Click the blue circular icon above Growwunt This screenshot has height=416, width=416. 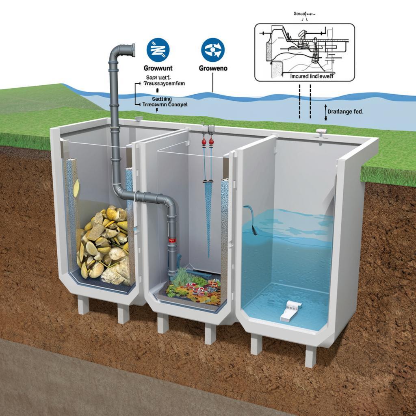[x=158, y=50]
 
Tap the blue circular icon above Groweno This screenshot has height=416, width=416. [x=212, y=50]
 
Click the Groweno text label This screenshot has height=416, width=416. [x=213, y=68]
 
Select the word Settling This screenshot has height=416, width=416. [x=162, y=99]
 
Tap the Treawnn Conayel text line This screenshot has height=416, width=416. [x=164, y=104]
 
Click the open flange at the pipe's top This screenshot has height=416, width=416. [x=132, y=50]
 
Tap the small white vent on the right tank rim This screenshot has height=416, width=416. [x=321, y=131]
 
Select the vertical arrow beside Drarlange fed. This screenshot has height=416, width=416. [x=325, y=111]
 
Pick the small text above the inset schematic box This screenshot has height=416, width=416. [x=304, y=14]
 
